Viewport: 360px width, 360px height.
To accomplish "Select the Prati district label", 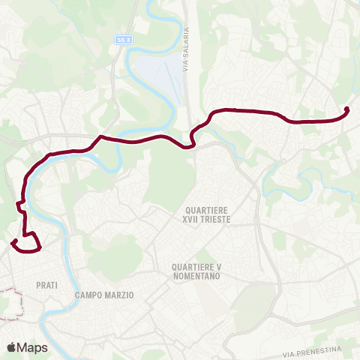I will click(x=46, y=285).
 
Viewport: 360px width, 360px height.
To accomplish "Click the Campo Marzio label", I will click(x=104, y=295).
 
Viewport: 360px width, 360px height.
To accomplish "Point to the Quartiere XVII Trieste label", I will click(x=210, y=214).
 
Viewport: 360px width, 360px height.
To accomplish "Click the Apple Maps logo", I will click(x=27, y=347).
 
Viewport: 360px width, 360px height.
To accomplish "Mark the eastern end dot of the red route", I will click(x=346, y=110).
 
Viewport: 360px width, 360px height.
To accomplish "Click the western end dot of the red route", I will click(x=13, y=241).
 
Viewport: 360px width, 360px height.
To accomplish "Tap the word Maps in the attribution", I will click(x=34, y=347).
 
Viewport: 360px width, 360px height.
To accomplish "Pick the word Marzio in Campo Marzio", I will click(x=118, y=295).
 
